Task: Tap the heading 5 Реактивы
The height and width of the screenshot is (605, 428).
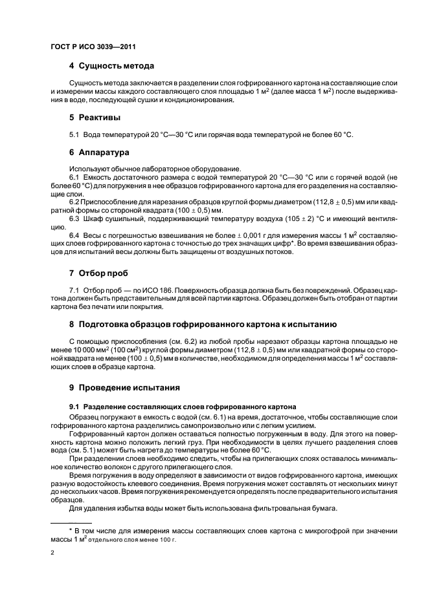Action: [x=96, y=118]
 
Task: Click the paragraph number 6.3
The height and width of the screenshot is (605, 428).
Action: [x=74, y=218]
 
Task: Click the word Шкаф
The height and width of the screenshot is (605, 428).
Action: [x=93, y=218]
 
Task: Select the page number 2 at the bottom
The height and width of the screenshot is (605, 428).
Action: [x=52, y=553]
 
